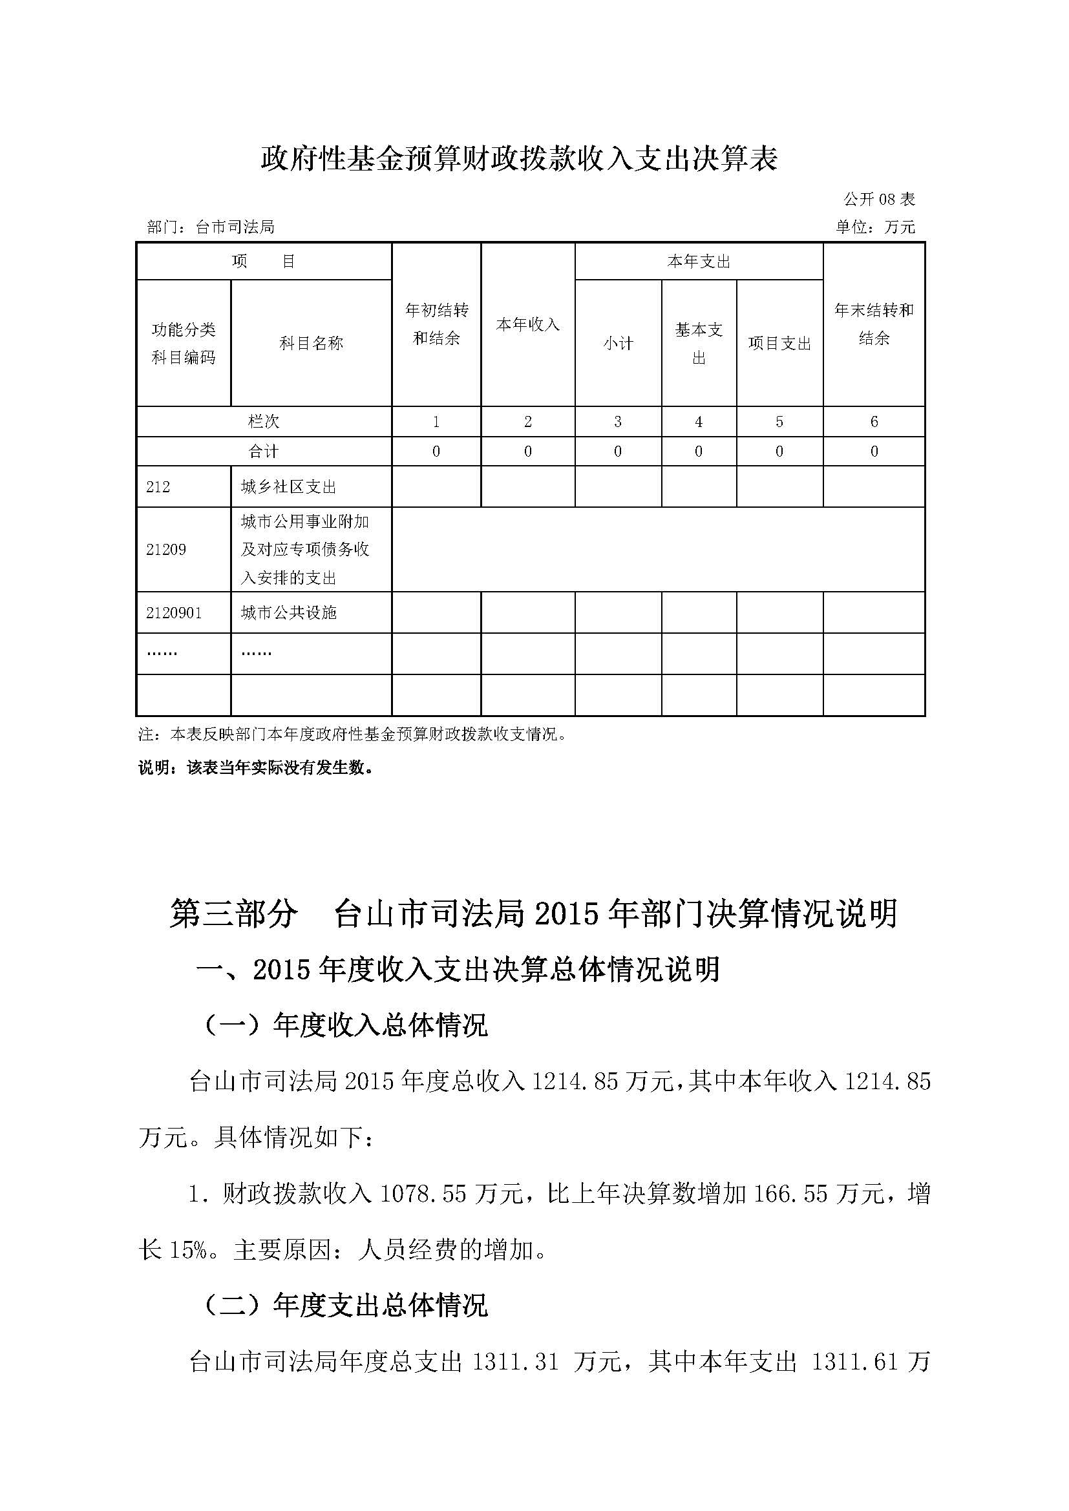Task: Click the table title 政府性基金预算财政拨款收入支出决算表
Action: click(520, 159)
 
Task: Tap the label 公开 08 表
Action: click(879, 199)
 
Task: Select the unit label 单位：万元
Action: click(875, 227)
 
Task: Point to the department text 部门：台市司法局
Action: click(211, 227)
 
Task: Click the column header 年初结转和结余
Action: click(436, 324)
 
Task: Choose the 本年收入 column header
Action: click(527, 324)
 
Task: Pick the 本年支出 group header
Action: click(699, 262)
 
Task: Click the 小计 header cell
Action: click(617, 343)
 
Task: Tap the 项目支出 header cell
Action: click(779, 343)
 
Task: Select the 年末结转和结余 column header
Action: click(874, 324)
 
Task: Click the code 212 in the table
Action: click(158, 487)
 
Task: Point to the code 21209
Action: click(166, 550)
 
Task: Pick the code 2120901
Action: click(174, 612)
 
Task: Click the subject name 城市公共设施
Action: click(288, 612)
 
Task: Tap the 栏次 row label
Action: click(263, 421)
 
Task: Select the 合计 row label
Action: click(263, 452)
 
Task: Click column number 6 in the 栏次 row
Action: click(874, 421)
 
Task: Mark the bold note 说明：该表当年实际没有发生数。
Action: click(255, 767)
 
